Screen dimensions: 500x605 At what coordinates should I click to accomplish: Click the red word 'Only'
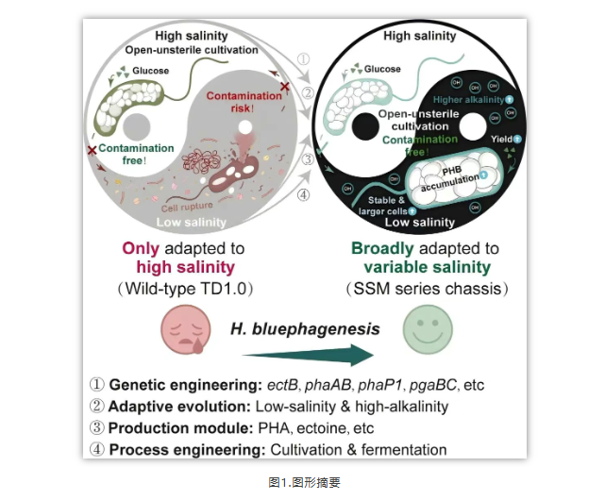coord(141,249)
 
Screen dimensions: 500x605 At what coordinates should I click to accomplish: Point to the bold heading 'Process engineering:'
coord(188,449)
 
